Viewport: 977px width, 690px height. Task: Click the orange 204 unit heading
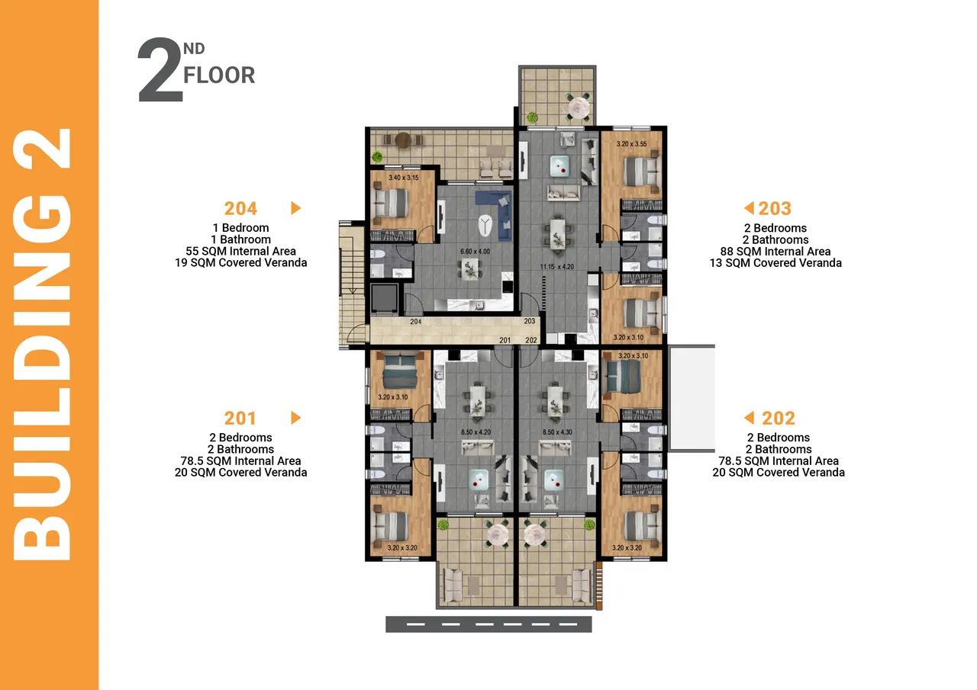[240, 209]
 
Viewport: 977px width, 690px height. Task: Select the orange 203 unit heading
[775, 209]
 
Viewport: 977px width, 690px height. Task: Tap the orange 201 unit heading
[240, 419]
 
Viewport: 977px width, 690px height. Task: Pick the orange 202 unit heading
[779, 419]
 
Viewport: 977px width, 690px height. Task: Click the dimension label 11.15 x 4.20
[557, 267]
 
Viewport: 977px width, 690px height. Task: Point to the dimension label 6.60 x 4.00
[475, 252]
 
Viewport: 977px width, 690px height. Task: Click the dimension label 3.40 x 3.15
[404, 178]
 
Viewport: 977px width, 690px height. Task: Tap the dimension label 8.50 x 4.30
[557, 432]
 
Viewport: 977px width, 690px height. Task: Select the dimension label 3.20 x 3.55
[631, 144]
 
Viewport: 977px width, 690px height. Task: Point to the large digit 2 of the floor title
[160, 69]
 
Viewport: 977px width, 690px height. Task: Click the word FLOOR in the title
[219, 75]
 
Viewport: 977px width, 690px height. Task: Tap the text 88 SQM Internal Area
[775, 252]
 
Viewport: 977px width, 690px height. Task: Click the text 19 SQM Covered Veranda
[240, 263]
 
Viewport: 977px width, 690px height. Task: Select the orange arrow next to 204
[295, 208]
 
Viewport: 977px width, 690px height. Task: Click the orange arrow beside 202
[749, 417]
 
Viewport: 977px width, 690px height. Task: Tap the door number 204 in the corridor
[416, 322]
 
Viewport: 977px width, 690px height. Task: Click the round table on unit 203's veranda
[579, 107]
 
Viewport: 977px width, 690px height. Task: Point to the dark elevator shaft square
[384, 298]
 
